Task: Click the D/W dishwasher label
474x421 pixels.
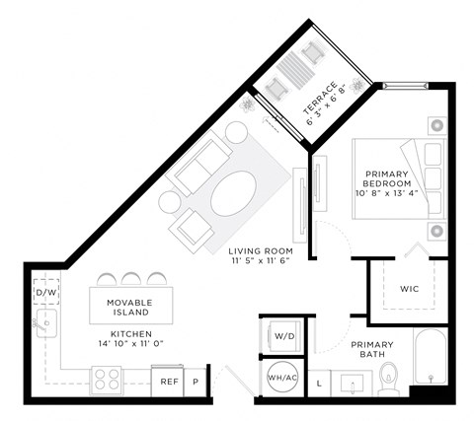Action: click(45, 293)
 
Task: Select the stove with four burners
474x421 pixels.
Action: click(106, 378)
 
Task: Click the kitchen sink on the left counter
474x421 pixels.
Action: click(45, 324)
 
